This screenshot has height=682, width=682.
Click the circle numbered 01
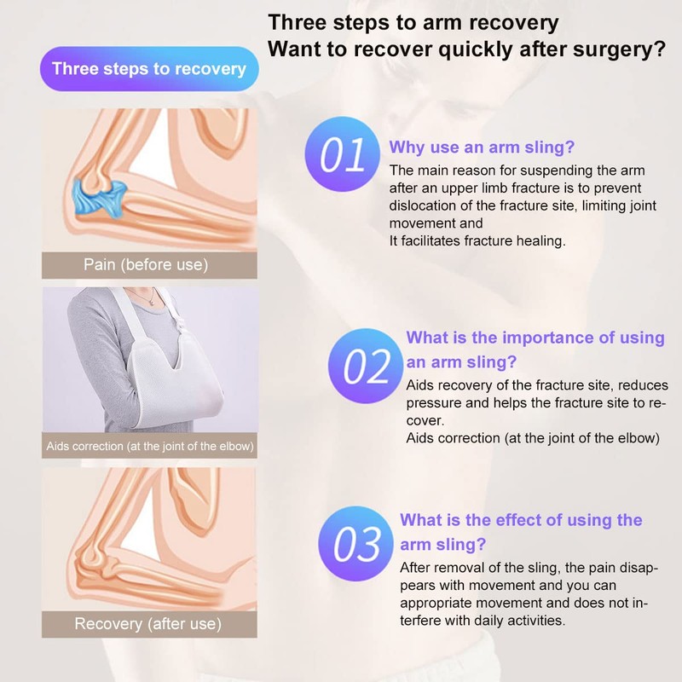tap(343, 154)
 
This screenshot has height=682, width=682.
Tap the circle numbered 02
tap(366, 366)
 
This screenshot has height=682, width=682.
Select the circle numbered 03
tap(355, 544)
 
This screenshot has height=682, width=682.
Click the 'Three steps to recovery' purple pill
tap(149, 69)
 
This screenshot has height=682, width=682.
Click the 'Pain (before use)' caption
tap(146, 264)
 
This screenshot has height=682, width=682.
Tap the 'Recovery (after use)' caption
tap(147, 624)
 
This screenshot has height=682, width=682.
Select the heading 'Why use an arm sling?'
tap(482, 147)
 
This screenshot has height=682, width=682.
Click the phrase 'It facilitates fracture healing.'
tap(477, 240)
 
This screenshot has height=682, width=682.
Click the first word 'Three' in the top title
tap(297, 23)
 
